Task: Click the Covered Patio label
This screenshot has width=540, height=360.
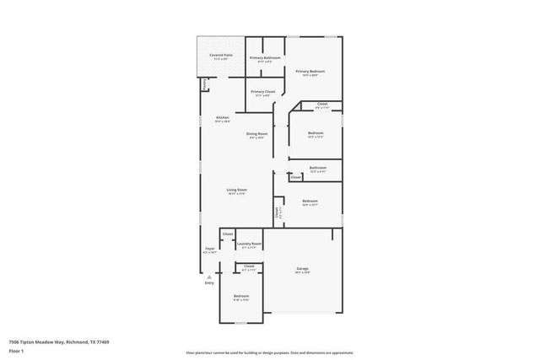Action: pos(221,56)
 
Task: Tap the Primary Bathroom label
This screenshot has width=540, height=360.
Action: pos(264,58)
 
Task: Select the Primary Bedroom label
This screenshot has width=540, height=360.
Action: pos(310,73)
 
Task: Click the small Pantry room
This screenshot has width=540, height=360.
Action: pos(204,84)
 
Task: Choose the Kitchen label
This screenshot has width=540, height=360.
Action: pos(222,119)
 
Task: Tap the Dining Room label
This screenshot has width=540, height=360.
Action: pos(256,135)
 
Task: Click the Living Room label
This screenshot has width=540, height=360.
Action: pos(235,191)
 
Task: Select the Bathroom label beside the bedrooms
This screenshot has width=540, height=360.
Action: pos(317,169)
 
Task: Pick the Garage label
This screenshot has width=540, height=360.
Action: pos(302,270)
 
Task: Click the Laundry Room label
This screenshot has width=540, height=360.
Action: pos(249,244)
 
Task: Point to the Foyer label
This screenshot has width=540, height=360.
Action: pos(210,250)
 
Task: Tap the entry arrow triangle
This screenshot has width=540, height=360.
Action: pos(209,275)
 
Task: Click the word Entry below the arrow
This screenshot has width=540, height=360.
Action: pos(209,282)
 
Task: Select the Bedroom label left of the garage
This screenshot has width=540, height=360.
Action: pos(241,296)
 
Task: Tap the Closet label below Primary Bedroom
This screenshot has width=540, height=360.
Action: pos(322,105)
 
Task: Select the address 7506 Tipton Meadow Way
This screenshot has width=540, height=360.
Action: pos(58,341)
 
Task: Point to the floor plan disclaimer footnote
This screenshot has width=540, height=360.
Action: pos(270,352)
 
